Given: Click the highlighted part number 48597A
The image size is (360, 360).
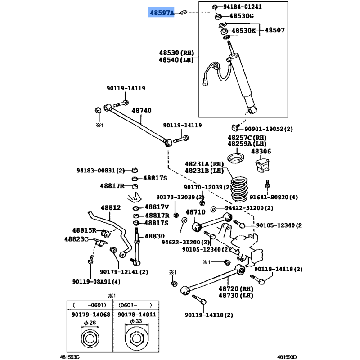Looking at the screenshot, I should (162, 13).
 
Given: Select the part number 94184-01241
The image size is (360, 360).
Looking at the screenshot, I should (244, 7).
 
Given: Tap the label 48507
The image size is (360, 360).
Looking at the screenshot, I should (274, 31).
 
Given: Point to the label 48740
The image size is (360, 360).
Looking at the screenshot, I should (141, 111).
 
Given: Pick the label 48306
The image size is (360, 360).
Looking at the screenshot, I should (261, 152).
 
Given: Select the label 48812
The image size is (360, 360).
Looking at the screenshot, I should (111, 208).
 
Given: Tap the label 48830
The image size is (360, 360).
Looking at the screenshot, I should (155, 236).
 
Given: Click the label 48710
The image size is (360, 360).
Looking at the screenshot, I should (195, 212).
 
